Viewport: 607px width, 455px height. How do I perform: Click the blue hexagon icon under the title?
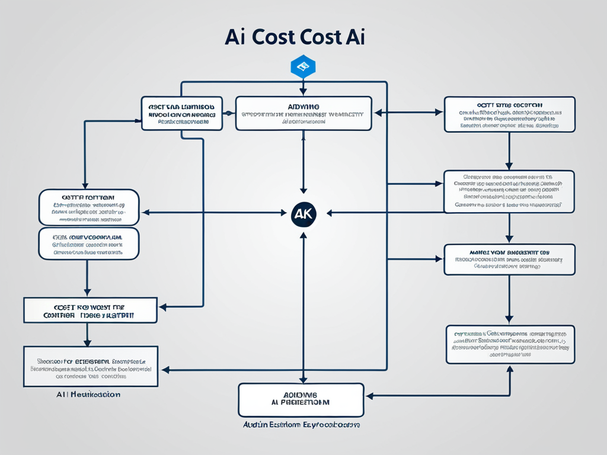[303, 66]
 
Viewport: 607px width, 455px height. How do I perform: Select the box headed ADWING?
[303, 113]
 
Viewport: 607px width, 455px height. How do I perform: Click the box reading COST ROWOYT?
[90, 310]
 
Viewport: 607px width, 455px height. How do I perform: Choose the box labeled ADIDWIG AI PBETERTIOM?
[301, 399]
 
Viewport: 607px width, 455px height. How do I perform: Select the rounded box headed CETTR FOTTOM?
[88, 207]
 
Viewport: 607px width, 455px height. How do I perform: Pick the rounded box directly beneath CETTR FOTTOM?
[88, 243]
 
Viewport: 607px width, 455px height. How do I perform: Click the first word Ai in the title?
[235, 37]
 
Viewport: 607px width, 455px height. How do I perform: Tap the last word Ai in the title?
[353, 37]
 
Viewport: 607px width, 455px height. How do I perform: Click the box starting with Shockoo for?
[91, 366]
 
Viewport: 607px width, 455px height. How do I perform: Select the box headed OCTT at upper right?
[509, 114]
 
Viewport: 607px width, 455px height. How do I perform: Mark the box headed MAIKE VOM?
[509, 259]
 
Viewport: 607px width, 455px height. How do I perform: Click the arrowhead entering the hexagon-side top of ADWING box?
[303, 92]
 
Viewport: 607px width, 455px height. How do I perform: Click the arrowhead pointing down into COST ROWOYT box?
[87, 294]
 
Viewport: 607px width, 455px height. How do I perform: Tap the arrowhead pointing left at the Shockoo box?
[165, 370]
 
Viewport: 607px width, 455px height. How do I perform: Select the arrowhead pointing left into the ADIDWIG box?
[368, 395]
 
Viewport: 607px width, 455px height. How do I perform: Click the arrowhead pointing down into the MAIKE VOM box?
[509, 240]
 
